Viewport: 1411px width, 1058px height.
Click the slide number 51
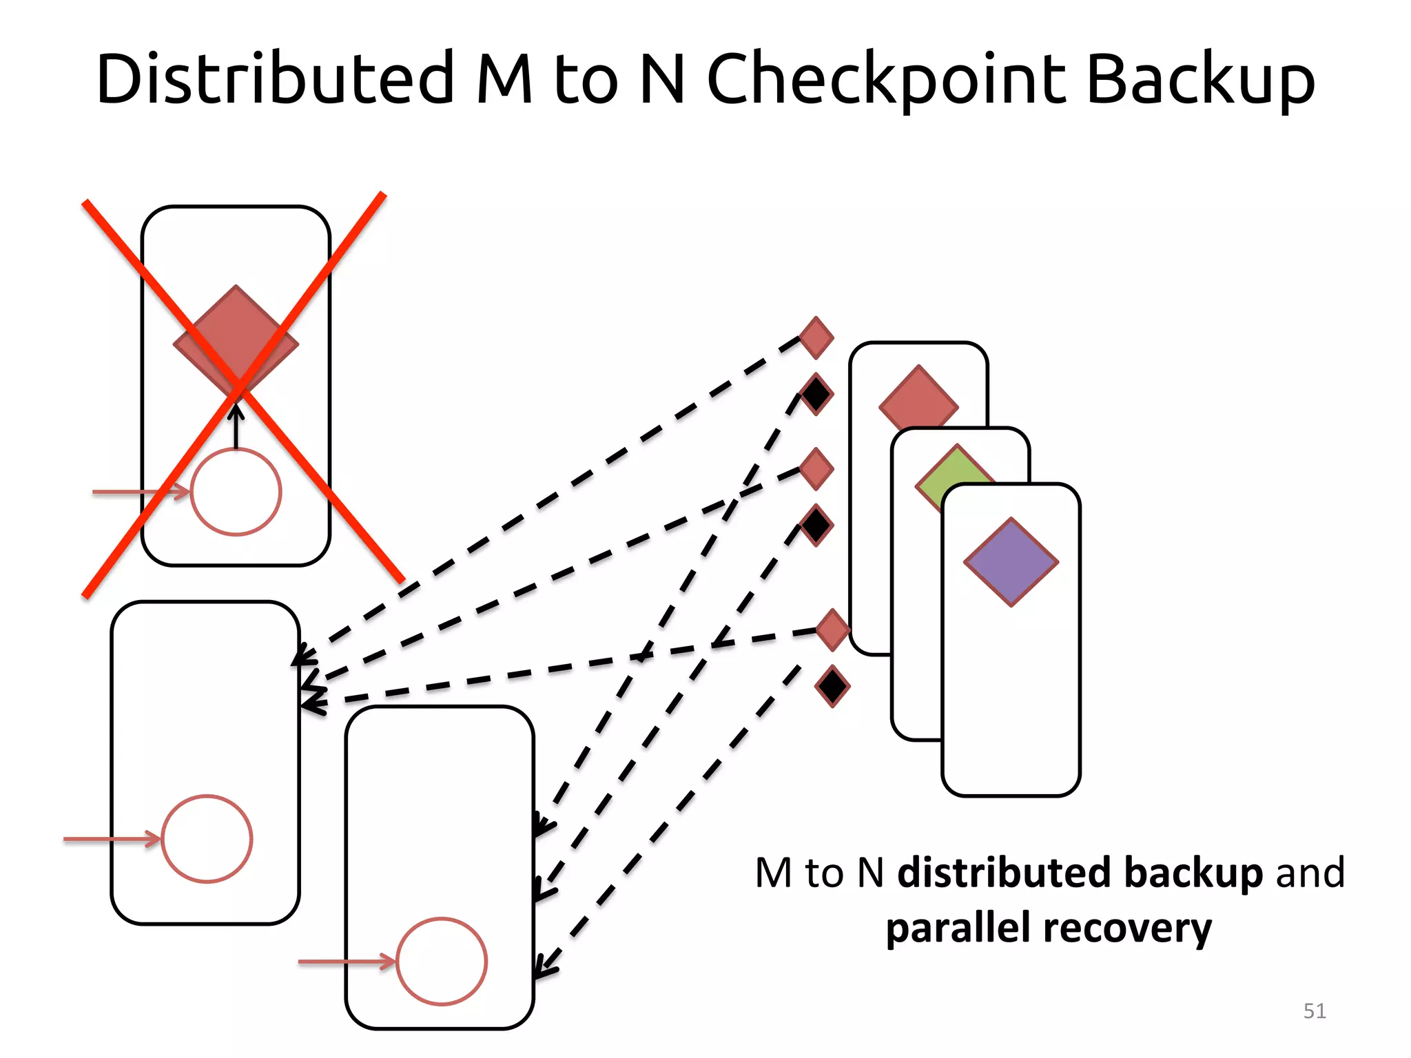[x=1315, y=1010]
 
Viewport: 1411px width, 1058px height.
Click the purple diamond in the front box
[x=1011, y=561]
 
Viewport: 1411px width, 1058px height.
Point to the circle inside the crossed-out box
[x=236, y=492]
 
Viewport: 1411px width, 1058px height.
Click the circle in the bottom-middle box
[x=442, y=961]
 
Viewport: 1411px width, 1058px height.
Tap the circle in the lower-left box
[x=207, y=839]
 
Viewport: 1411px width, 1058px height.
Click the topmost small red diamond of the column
[x=816, y=338]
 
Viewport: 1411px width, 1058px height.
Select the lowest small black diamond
[x=832, y=686]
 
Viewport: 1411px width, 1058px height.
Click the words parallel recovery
[x=1049, y=929]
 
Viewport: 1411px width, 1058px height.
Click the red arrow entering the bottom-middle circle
[x=344, y=961]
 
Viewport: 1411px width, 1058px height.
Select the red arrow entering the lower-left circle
[x=110, y=839]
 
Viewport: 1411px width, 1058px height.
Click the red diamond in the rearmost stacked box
[x=918, y=400]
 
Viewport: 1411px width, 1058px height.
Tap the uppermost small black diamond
[x=816, y=395]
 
